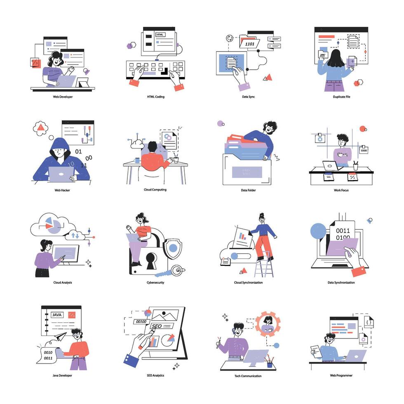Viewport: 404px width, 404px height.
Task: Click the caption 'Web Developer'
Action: [x=62, y=97]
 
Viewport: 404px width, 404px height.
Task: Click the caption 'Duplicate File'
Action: [x=341, y=97]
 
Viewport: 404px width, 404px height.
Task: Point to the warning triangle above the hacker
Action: [x=41, y=128]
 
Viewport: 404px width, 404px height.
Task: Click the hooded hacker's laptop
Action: [x=61, y=174]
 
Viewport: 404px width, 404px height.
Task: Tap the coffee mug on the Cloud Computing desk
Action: [x=137, y=160]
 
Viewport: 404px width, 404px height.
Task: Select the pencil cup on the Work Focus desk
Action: [x=355, y=167]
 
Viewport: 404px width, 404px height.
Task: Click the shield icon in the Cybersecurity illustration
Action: [x=173, y=248]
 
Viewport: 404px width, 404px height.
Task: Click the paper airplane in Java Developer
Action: [x=61, y=337]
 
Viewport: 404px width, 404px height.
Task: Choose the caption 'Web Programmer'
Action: [x=341, y=375]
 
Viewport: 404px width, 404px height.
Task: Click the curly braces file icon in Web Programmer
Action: [x=369, y=321]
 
